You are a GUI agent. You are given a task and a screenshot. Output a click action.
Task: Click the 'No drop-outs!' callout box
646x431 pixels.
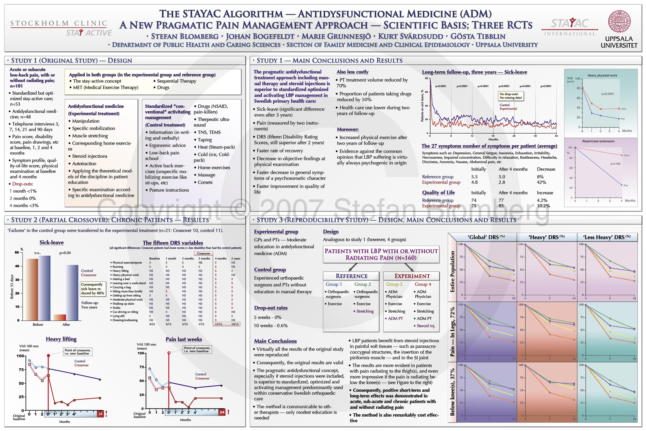(x=511, y=96)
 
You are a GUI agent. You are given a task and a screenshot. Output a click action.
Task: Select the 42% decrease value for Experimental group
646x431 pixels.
(x=541, y=182)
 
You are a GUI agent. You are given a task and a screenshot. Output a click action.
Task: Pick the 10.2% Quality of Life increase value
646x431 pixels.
(x=543, y=206)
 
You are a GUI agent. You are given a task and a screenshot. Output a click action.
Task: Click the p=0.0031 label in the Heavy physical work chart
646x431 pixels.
(x=608, y=94)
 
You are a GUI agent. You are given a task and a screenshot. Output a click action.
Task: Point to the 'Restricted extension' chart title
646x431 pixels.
(x=598, y=141)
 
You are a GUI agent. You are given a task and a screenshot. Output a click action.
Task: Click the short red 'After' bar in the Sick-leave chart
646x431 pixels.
(x=60, y=317)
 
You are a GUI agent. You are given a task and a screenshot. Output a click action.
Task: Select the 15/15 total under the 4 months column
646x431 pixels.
(x=218, y=324)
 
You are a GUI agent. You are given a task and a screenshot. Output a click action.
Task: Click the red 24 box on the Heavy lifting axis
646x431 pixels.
(x=100, y=414)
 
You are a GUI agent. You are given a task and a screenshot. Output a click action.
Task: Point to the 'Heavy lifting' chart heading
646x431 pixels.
(x=61, y=339)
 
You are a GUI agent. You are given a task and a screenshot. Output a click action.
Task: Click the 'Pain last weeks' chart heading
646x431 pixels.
(x=184, y=339)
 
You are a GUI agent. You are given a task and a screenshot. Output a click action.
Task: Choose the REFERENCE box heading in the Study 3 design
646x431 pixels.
(x=351, y=276)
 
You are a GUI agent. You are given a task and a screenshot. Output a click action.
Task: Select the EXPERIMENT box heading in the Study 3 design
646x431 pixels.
(x=412, y=276)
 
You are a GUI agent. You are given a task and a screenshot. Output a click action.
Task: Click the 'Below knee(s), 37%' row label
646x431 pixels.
(x=452, y=392)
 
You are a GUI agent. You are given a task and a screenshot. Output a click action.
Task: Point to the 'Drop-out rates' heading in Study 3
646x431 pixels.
(x=270, y=308)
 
